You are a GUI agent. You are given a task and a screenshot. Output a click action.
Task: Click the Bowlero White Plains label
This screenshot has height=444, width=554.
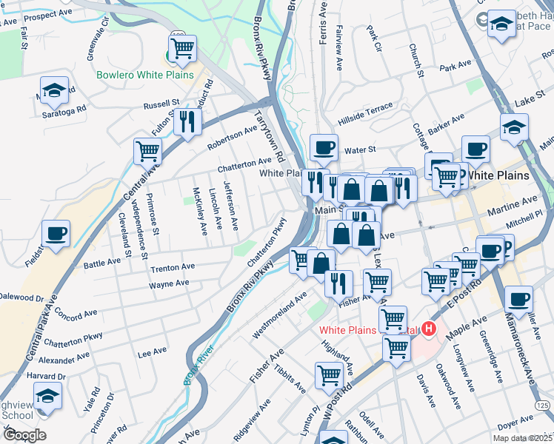click(x=144, y=75)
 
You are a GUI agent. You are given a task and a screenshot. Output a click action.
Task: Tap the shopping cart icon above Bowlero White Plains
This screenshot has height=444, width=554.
click(x=182, y=49)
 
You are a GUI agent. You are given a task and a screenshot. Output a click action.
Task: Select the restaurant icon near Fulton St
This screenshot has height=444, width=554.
click(x=187, y=121)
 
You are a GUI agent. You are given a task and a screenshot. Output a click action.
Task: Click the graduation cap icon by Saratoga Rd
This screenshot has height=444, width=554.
click(x=54, y=90)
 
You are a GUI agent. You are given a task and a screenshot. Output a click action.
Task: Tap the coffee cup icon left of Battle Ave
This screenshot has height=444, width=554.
click(x=56, y=234)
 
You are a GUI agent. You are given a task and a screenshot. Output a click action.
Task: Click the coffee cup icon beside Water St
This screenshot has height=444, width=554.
click(x=324, y=147)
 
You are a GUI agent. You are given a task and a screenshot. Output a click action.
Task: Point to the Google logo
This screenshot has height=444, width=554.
click(x=24, y=434)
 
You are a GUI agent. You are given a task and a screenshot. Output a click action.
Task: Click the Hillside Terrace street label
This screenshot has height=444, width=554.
click(x=365, y=112)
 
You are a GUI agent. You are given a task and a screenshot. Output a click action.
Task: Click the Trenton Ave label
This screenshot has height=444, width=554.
click(x=172, y=266)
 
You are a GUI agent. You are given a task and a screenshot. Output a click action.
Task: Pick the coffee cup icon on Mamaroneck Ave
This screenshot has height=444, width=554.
click(x=519, y=300)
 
